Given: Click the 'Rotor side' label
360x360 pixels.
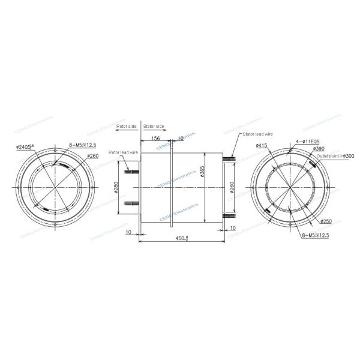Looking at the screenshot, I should click(x=128, y=127).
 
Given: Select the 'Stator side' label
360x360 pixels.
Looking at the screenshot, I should click(x=154, y=127).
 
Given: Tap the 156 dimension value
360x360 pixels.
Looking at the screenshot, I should click(x=155, y=138).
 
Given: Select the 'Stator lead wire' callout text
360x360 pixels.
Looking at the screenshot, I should click(x=257, y=134).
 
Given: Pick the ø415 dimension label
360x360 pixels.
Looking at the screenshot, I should click(x=260, y=146).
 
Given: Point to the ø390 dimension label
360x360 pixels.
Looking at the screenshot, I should click(x=319, y=148).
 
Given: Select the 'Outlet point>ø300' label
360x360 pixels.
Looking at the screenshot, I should click(x=335, y=156).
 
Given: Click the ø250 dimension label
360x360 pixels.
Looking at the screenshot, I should click(x=326, y=221).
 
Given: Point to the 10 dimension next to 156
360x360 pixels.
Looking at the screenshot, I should click(x=181, y=138).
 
